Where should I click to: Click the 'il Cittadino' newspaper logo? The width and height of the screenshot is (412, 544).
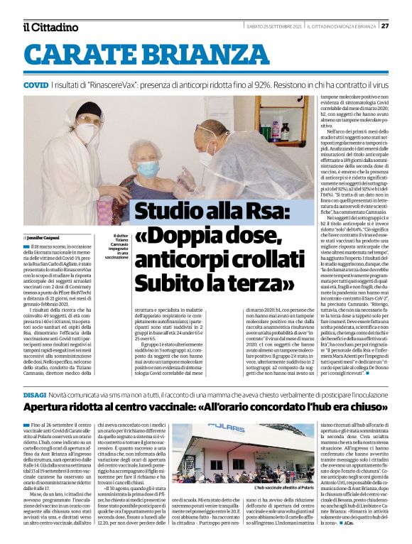click(50, 27)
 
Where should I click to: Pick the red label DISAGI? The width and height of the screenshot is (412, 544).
click(35, 394)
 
